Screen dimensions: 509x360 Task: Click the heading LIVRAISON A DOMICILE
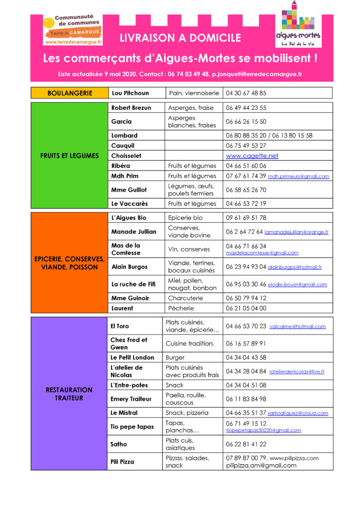[x=180, y=38]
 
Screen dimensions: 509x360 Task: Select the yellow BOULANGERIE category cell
[x=69, y=93]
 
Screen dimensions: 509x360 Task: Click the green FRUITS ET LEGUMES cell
[x=69, y=156]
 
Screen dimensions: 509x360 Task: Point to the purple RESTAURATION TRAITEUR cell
[x=69, y=394]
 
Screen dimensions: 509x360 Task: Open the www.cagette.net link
[x=252, y=156]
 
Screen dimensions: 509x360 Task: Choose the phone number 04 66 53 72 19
[x=246, y=203]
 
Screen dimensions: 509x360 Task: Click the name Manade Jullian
[x=134, y=231]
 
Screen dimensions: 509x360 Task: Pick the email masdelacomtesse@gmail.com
[x=262, y=253]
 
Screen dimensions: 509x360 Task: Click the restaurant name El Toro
[x=120, y=326]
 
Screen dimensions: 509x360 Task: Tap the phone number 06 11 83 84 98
[x=246, y=399]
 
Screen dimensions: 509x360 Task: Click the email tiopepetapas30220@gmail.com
[x=264, y=430]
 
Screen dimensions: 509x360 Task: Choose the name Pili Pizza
[x=122, y=462]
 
